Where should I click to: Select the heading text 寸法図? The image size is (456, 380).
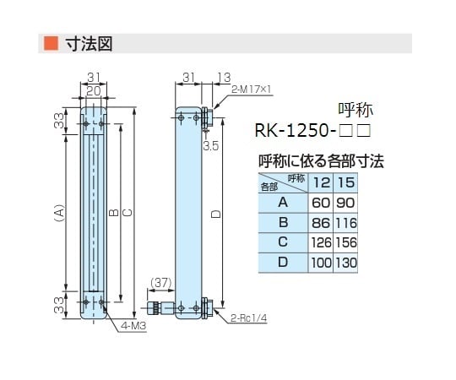[x=90, y=42]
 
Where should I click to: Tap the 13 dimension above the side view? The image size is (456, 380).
[x=223, y=78]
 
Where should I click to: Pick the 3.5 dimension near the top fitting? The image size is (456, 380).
[x=211, y=145]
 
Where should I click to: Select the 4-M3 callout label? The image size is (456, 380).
[x=133, y=325]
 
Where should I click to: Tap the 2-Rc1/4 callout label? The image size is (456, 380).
[x=247, y=318]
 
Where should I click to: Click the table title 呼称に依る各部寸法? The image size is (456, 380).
[x=320, y=161]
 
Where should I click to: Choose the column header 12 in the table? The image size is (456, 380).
[x=322, y=182]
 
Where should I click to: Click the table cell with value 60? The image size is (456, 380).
[x=322, y=203]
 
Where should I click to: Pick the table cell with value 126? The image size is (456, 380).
[x=322, y=243]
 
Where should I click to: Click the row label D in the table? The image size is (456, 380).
[x=283, y=263]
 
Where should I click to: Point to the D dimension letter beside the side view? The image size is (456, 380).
[x=215, y=216]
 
